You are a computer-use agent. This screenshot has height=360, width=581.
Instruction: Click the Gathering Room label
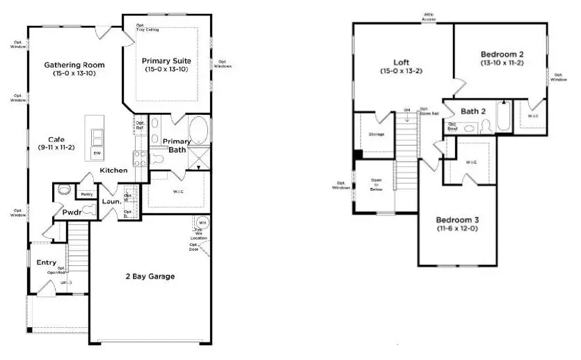(74, 65)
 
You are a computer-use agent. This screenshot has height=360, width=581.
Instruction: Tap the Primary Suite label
(166, 61)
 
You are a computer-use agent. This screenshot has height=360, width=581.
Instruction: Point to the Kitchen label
(113, 171)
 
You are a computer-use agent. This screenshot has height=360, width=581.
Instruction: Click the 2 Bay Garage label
(151, 276)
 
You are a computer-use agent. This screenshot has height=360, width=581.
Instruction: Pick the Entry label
(47, 263)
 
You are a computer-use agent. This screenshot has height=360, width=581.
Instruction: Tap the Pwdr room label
(72, 212)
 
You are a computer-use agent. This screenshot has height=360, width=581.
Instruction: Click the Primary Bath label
(176, 146)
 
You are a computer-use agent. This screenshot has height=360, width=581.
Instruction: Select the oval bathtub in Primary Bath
(198, 130)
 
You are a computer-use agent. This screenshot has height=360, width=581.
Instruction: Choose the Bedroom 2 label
(501, 54)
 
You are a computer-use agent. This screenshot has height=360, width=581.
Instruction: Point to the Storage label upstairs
(376, 134)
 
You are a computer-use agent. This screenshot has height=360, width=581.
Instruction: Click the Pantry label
(87, 194)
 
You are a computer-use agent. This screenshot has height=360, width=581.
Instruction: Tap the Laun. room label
(111, 202)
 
